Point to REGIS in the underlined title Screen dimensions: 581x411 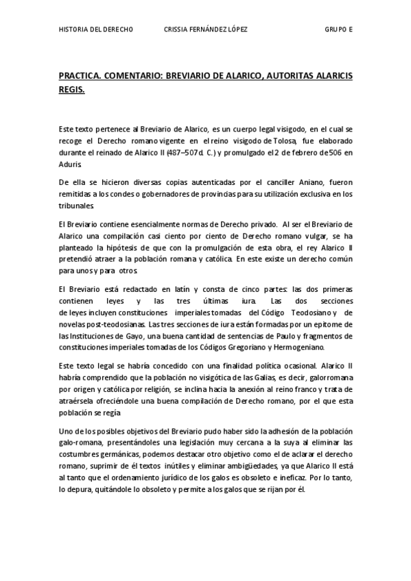pyautogui.click(x=71, y=89)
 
